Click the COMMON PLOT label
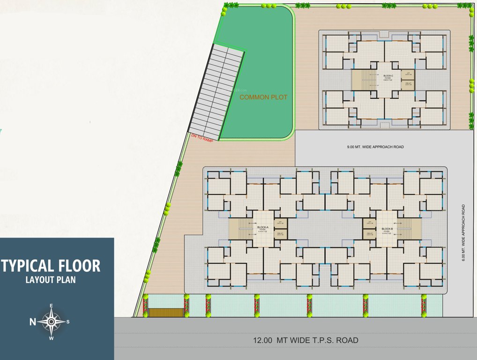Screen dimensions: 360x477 coord(263,97)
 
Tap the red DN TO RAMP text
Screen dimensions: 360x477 coord(201,137)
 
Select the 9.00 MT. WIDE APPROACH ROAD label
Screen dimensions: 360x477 coord(375,147)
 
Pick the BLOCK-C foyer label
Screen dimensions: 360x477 coord(388,78)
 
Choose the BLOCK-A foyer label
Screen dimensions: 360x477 coord(262,229)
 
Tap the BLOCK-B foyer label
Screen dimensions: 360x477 coord(387,229)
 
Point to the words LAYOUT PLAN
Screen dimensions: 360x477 coord(51,280)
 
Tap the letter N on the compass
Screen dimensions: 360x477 coord(33,322)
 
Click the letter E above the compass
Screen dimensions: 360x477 coord(51,306)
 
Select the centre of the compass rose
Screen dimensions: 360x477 coord(51,322)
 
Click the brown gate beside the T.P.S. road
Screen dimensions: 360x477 coord(165,312)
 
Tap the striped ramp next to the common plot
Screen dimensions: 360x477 coord(216,89)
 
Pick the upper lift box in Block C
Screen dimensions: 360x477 coord(408,74)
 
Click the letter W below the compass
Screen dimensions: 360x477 coord(51,338)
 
